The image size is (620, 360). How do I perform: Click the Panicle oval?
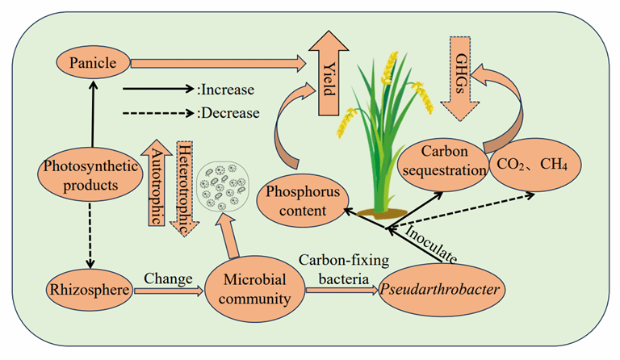tap(93, 63)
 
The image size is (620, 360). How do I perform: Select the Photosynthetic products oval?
tap(90, 174)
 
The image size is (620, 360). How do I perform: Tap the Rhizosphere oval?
tap(90, 290)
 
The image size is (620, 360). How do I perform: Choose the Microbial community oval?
tap(254, 289)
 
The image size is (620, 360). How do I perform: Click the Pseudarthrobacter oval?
tap(441, 290)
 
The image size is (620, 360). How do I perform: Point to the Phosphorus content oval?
tap(303, 201)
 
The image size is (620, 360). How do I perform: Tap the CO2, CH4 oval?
tap(534, 165)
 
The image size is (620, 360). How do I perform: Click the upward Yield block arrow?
tap(329, 73)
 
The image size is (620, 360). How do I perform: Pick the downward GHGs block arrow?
tap(460, 78)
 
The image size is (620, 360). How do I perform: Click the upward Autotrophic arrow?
tap(157, 182)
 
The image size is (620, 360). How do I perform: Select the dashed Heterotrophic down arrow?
tap(185, 189)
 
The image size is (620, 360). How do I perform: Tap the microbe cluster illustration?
tap(224, 186)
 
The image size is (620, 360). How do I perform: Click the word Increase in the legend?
tap(228, 90)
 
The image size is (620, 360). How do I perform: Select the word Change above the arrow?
tap(168, 278)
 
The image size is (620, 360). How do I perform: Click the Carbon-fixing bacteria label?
tap(344, 270)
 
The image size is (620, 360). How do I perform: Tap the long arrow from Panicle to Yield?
tap(218, 64)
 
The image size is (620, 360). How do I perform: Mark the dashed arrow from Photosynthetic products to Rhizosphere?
tap(90, 236)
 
